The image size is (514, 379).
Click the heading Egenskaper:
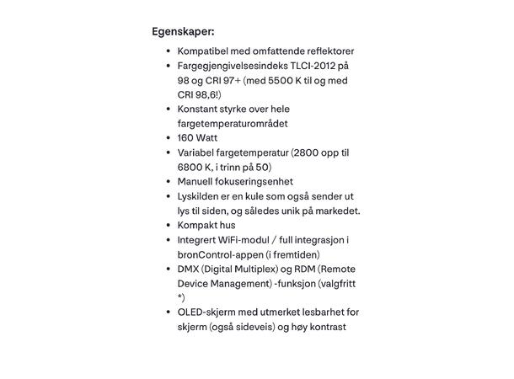(183, 32)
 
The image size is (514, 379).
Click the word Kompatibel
(206, 51)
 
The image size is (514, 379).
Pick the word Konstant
(201, 109)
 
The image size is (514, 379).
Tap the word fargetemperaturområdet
(233, 123)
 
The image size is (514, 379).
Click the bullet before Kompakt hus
(169, 226)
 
